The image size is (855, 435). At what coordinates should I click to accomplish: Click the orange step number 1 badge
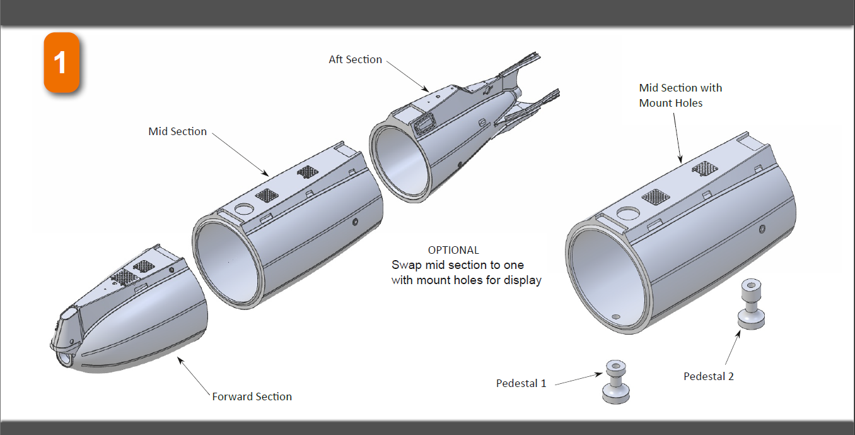pyautogui.click(x=61, y=63)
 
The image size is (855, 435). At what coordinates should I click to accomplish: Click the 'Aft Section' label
pyautogui.click(x=355, y=59)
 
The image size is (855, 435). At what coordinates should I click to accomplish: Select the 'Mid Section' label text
pyautogui.click(x=177, y=131)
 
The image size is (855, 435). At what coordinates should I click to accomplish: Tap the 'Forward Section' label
pyautogui.click(x=252, y=396)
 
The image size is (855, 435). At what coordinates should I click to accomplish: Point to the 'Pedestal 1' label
pyautogui.click(x=521, y=383)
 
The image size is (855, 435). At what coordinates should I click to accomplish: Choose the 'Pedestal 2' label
pyautogui.click(x=709, y=376)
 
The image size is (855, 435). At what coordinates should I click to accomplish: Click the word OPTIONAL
pyautogui.click(x=453, y=250)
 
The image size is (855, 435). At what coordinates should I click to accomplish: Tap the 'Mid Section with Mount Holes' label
pyautogui.click(x=680, y=95)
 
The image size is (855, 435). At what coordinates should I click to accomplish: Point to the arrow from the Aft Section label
pyautogui.click(x=407, y=75)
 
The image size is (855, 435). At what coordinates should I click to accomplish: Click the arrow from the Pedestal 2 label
pyautogui.click(x=731, y=350)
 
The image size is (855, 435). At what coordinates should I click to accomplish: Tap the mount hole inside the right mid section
pyautogui.click(x=617, y=316)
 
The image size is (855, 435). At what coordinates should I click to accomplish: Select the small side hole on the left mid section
pyautogui.click(x=356, y=222)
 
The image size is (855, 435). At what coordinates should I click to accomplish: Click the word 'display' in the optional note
pyautogui.click(x=521, y=280)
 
